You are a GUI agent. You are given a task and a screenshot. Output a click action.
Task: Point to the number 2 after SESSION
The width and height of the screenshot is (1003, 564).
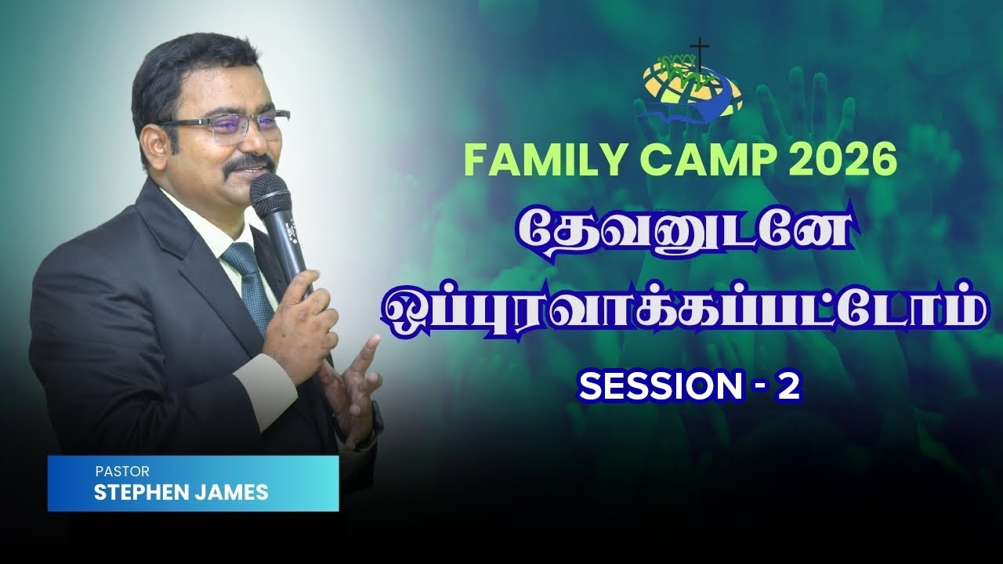pyautogui.click(x=789, y=387)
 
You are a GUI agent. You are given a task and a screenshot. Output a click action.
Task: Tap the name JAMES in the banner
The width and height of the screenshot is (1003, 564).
pyautogui.click(x=234, y=493)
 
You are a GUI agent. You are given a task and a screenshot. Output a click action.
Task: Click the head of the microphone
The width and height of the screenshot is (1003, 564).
pyautogui.click(x=270, y=196)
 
